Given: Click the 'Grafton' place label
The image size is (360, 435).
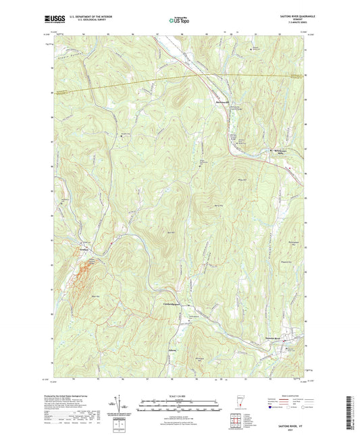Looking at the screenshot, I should pyautogui.click(x=81, y=249).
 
